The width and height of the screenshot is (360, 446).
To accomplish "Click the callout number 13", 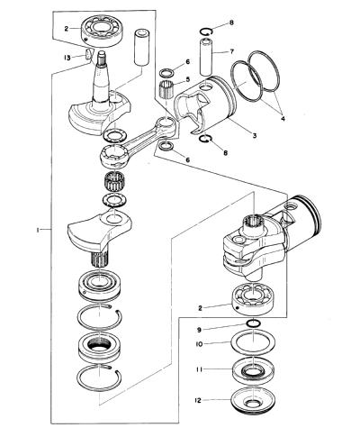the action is point(67,58).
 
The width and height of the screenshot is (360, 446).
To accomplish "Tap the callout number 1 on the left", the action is point(38,230).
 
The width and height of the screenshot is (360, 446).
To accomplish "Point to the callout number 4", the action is point(283,118).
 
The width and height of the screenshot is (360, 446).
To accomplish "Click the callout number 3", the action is point(255,135).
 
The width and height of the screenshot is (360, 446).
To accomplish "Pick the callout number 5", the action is point(188,79).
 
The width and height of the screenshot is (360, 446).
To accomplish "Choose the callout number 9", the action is point(199,330).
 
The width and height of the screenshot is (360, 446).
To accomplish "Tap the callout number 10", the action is point(199,343).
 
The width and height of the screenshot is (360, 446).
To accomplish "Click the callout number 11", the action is point(199,369).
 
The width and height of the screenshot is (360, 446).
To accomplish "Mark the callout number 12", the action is point(198,400).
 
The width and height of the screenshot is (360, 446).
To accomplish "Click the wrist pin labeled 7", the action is point(207,56).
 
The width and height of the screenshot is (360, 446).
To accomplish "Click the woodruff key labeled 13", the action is point(89,53).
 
